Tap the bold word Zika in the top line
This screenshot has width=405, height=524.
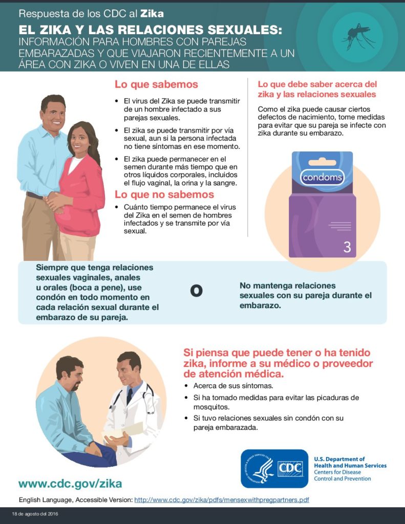[x=152, y=13]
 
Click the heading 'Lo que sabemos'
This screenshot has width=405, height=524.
[x=156, y=84]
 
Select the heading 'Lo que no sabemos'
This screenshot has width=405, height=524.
[x=164, y=194]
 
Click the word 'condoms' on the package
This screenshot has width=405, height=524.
[x=322, y=177]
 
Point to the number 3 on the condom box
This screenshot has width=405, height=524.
[x=347, y=247]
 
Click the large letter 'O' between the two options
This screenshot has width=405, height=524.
[x=196, y=291]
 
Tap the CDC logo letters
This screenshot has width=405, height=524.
[x=290, y=469]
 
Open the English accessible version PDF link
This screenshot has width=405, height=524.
[x=222, y=500]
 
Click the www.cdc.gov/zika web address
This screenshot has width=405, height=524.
[x=70, y=484]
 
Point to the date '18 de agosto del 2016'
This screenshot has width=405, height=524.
[x=35, y=514]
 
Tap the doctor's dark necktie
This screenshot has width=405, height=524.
[x=130, y=396]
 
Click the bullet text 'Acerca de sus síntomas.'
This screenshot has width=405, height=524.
[x=233, y=386]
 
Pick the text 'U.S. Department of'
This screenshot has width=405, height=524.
[x=339, y=459]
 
